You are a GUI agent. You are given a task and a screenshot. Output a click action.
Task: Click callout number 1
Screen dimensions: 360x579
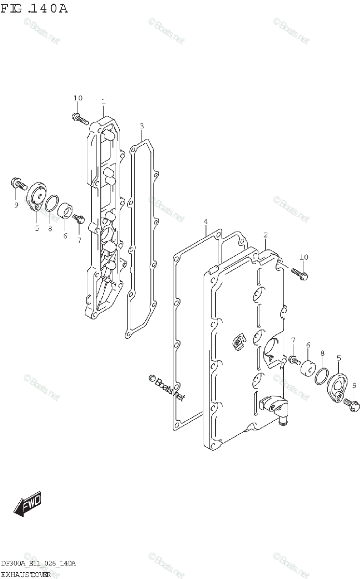coord(103,102)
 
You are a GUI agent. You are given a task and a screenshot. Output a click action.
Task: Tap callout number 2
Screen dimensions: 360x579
coord(265,235)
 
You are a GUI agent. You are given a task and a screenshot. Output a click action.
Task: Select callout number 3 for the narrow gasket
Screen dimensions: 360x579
coord(141,126)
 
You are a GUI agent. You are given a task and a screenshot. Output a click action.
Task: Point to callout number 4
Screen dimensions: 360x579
coord(205,221)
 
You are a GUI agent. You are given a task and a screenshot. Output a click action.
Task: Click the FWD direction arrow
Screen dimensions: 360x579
coord(28,504)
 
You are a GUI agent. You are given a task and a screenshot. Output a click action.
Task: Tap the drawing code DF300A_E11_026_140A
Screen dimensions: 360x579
coord(38,564)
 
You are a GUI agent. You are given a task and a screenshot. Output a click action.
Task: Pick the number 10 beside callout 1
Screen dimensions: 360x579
coord(78,98)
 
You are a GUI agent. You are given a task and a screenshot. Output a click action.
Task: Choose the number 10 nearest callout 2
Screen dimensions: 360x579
coord(304,257)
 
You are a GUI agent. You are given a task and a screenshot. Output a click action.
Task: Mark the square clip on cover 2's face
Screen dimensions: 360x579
coord(238,341)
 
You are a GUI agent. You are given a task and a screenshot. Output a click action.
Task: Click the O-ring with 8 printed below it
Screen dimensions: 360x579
coord(52,205)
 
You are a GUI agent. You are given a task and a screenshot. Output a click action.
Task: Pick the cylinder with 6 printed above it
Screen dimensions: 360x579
coord(308,369)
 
